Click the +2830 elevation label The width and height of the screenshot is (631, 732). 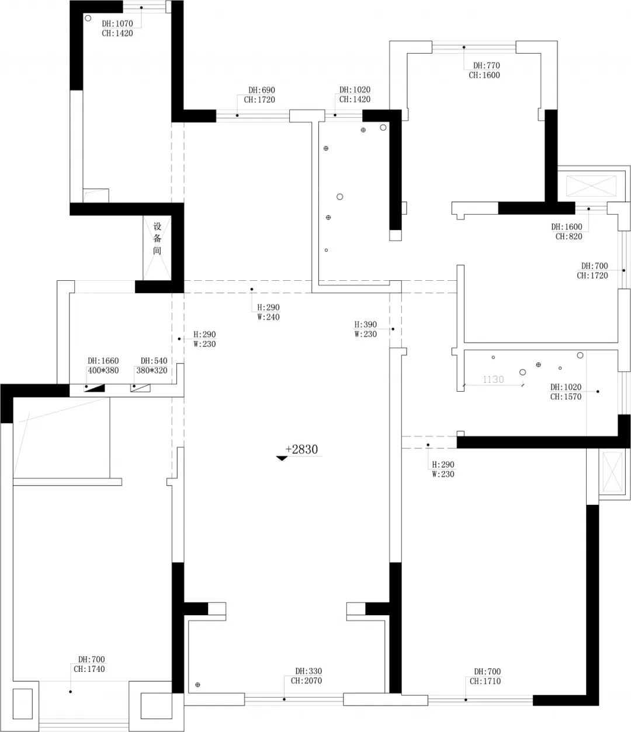(x=301, y=449)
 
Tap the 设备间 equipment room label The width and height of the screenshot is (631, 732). (x=157, y=238)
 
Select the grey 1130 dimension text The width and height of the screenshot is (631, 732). (x=493, y=379)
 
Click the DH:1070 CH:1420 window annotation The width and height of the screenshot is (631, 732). (x=117, y=29)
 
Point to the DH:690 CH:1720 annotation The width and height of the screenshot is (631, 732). (x=260, y=95)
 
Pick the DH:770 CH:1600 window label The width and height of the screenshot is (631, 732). (x=485, y=71)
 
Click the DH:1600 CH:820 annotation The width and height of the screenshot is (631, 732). (x=567, y=232)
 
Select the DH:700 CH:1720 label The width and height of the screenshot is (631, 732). (x=593, y=271)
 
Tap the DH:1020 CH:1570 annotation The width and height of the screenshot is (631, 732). (x=566, y=392)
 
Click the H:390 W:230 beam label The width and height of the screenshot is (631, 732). (x=366, y=329)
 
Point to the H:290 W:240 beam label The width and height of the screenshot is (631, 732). (x=269, y=312)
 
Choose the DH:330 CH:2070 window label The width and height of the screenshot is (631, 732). (x=307, y=676)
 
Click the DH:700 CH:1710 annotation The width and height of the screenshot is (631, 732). (x=486, y=676)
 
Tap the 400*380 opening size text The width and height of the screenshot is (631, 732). (x=103, y=370)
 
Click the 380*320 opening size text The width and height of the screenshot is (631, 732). (x=152, y=370)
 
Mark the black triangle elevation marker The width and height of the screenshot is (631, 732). (x=282, y=458)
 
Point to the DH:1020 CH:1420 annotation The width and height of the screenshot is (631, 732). (x=354, y=95)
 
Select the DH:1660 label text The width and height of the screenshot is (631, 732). (x=103, y=361)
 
